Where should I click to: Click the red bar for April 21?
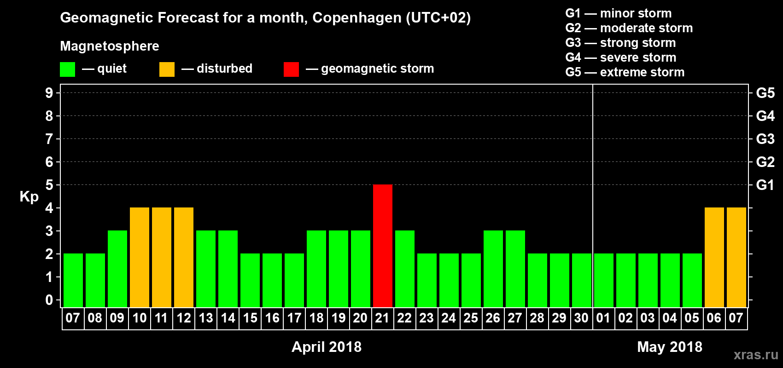pos(383,246)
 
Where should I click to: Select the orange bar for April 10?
pos(140,257)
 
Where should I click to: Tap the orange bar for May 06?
pos(714,257)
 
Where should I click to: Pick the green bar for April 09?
pos(117,269)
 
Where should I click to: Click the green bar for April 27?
pos(515,269)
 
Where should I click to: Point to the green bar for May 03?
pos(648,280)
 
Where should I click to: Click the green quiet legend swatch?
pos(68,69)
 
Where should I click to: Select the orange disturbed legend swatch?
pos(167,69)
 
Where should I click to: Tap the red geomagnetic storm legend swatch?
pos(292,69)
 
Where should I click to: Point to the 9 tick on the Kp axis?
pos(49,93)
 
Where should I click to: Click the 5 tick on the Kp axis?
pos(49,185)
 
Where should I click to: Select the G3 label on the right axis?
pos(765,139)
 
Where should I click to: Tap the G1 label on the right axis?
pos(765,185)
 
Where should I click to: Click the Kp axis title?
pos(29,196)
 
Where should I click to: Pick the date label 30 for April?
pos(581,318)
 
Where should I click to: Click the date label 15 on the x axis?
pos(250,318)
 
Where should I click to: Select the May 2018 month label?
pos(670,347)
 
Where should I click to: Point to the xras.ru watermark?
pos(756,355)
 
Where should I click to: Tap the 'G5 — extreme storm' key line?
pos(625,72)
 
